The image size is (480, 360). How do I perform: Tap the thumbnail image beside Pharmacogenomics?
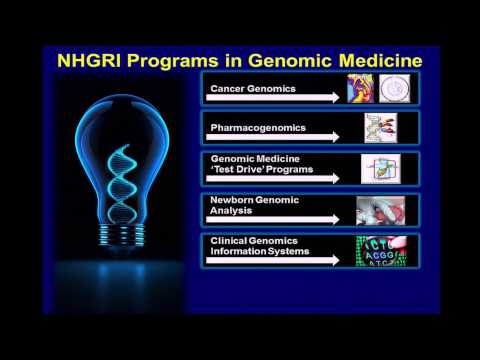[x=381, y=127]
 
